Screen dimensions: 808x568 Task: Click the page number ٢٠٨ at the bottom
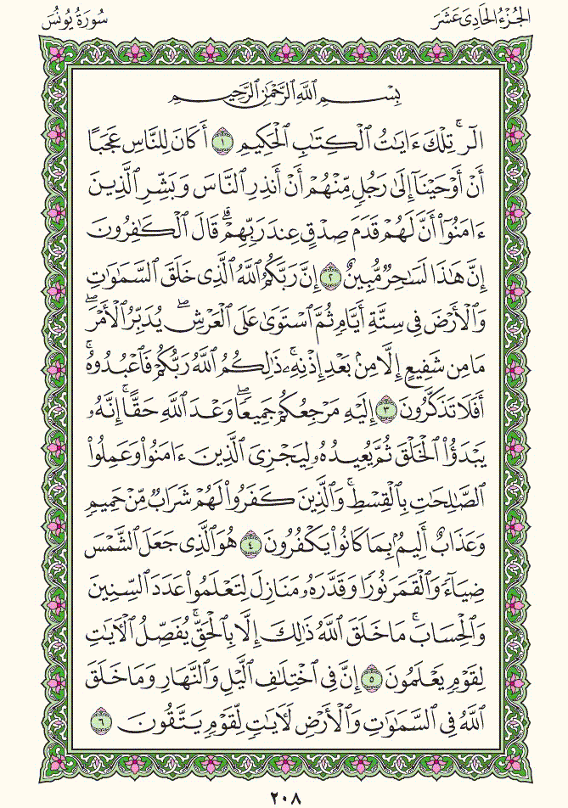pos(284,798)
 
